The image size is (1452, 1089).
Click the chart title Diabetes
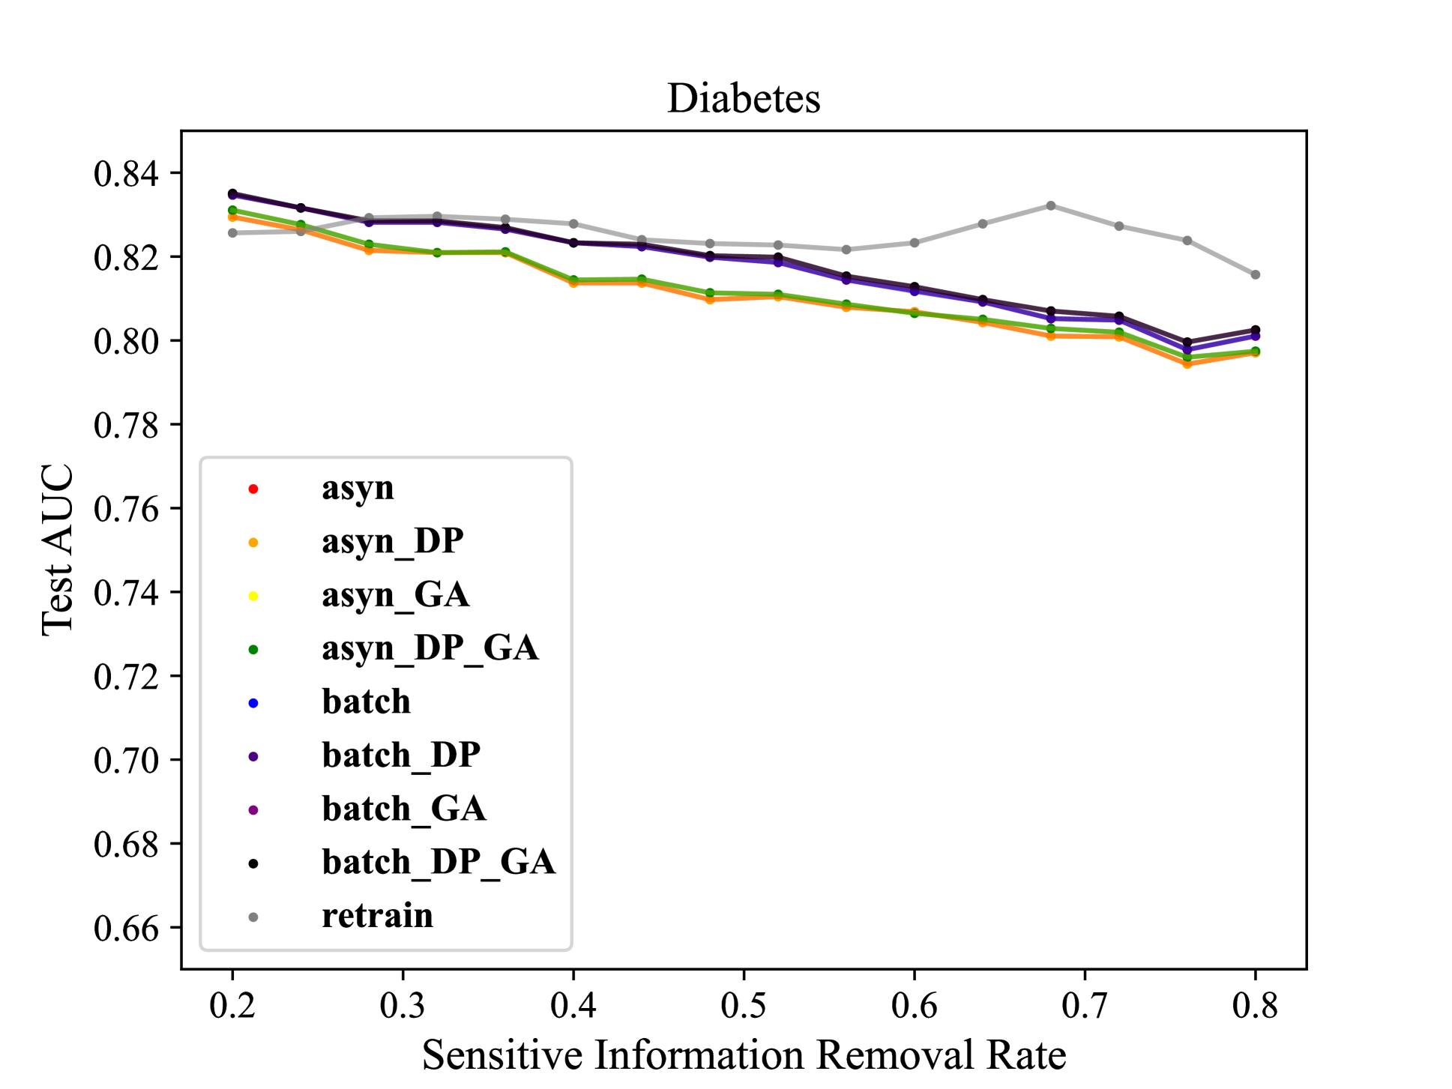click(x=744, y=98)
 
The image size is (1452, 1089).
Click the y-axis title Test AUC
click(x=58, y=550)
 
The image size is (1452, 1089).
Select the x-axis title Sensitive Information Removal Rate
click(x=744, y=1055)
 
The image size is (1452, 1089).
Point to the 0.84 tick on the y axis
click(x=127, y=174)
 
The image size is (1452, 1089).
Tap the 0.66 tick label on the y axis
click(x=127, y=929)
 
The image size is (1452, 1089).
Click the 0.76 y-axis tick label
click(x=127, y=510)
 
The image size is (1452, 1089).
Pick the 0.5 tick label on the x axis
click(x=744, y=1005)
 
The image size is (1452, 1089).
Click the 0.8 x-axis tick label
click(x=1255, y=1005)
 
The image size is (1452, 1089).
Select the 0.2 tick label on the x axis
click(x=232, y=1005)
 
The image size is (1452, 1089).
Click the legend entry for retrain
click(x=377, y=916)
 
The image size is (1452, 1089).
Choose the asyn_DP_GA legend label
click(x=430, y=648)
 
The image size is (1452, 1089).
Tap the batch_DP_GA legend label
click(x=439, y=863)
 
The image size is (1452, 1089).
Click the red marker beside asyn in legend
click(x=253, y=489)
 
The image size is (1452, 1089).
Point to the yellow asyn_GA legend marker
click(x=253, y=597)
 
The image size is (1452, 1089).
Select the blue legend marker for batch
click(x=253, y=703)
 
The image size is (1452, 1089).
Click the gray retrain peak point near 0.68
click(x=1051, y=205)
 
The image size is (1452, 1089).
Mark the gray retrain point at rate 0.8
click(x=1256, y=275)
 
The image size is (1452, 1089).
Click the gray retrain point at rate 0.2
click(x=232, y=233)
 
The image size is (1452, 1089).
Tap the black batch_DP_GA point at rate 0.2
click(x=232, y=193)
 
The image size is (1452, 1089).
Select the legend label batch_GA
click(x=404, y=809)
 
